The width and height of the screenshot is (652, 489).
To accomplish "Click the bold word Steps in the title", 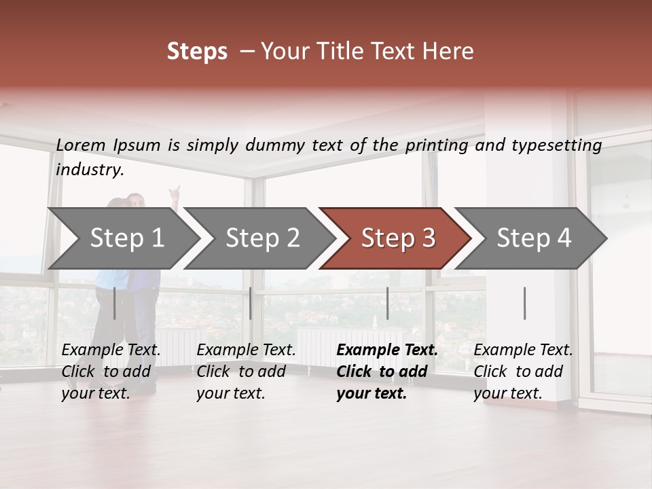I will click(x=197, y=52).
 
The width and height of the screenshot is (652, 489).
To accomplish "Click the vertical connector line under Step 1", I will click(x=114, y=303).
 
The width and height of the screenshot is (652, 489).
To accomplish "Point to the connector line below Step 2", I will click(x=251, y=303).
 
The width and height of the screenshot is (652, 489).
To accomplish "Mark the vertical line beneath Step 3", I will click(x=387, y=303).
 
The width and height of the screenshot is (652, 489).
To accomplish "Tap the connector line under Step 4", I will click(x=524, y=303).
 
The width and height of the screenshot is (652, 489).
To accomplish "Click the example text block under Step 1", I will click(x=111, y=372).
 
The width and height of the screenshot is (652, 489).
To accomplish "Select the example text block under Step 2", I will click(x=246, y=372).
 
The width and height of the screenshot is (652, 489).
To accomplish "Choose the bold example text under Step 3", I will click(x=387, y=372).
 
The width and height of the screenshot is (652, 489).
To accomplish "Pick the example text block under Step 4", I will click(x=523, y=372).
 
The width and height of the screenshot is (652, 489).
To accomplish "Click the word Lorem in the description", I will click(x=81, y=145).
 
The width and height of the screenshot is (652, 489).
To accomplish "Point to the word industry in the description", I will click(x=90, y=170).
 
